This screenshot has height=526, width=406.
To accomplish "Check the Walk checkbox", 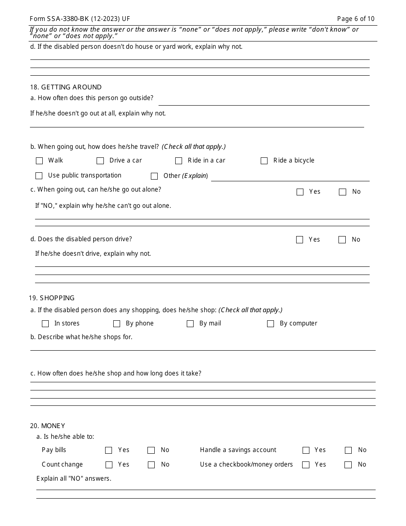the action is pyautogui.click(x=39, y=161).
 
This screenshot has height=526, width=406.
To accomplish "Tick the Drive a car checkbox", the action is pyautogui.click(x=100, y=161).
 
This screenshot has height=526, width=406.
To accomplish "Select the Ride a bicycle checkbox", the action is pyautogui.click(x=264, y=161).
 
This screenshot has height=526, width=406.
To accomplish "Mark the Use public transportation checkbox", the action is pyautogui.click(x=39, y=176).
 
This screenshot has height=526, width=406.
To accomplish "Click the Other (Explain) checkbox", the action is pyautogui.click(x=154, y=176).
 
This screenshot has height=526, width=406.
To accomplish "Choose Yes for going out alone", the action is pyautogui.click(x=300, y=192).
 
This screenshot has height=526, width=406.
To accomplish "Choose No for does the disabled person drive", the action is pyautogui.click(x=342, y=240).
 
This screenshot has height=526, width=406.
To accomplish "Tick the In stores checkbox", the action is pyautogui.click(x=45, y=324).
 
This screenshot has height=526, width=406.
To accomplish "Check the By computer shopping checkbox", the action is pyautogui.click(x=271, y=324).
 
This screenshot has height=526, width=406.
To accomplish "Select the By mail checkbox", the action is pyautogui.click(x=190, y=324).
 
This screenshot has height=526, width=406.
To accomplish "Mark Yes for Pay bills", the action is pyautogui.click(x=109, y=450).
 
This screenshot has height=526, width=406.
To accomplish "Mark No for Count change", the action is pyautogui.click(x=151, y=465).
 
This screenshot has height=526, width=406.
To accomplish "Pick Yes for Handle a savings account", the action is pyautogui.click(x=306, y=450).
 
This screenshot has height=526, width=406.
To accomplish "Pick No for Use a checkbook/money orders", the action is pyautogui.click(x=348, y=465).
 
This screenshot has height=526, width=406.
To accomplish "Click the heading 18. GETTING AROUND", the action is pyautogui.click(x=66, y=87).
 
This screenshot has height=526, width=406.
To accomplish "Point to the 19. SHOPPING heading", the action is pyautogui.click(x=52, y=298).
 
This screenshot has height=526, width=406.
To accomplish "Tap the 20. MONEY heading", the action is pyautogui.click(x=47, y=426).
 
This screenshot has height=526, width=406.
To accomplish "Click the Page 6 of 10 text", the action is pyautogui.click(x=356, y=19).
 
